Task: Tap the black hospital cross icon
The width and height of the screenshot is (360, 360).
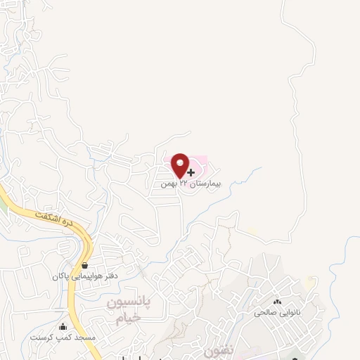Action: click(x=191, y=172)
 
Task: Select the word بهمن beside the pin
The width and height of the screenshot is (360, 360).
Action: click(x=169, y=184)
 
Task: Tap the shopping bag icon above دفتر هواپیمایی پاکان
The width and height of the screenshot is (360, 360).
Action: click(x=85, y=266)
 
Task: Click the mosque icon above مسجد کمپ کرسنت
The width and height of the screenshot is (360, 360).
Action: click(x=63, y=326)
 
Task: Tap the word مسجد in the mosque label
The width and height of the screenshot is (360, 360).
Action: click(x=89, y=337)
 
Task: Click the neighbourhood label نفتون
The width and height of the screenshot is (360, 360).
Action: click(x=216, y=349)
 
